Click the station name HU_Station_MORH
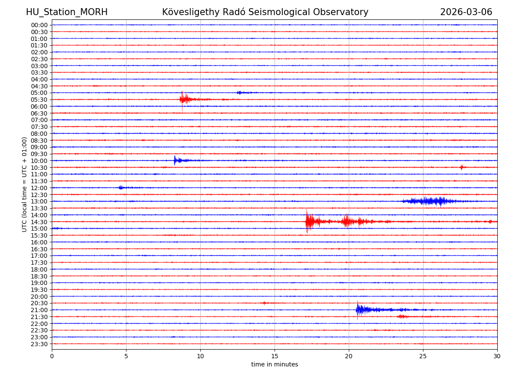click(66, 12)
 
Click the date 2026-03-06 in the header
click(466, 12)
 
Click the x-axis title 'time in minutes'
click(275, 364)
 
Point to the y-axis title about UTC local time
click(25, 184)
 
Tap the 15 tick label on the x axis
click(275, 357)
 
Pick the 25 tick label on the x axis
click(423, 357)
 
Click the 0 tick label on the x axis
click(52, 357)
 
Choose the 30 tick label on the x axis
click(497, 357)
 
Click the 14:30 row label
click(39, 222)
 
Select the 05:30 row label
click(39, 100)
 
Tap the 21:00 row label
click(39, 310)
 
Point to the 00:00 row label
click(39, 25)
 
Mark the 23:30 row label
click(39, 344)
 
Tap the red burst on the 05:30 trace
click(184, 100)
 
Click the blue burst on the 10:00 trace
click(176, 160)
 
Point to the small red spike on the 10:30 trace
click(461, 167)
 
